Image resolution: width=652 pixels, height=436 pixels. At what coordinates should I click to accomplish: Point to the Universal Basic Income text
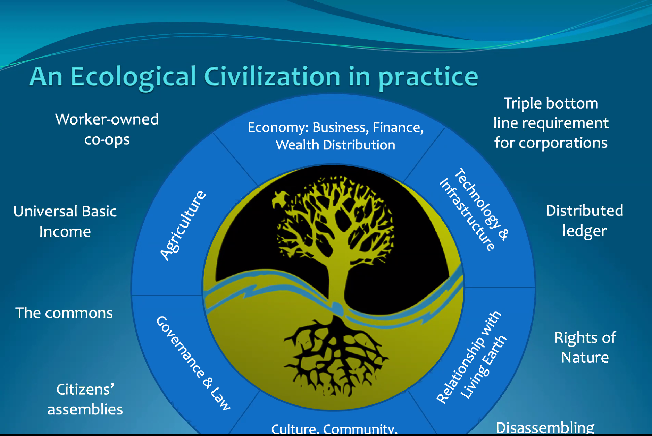click(65, 221)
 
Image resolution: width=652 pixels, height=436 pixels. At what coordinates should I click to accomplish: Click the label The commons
click(64, 313)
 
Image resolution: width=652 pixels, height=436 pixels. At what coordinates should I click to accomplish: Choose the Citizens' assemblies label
click(85, 399)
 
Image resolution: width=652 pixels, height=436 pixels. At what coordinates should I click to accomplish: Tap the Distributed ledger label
click(585, 221)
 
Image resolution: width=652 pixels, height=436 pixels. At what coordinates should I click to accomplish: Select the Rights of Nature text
click(585, 348)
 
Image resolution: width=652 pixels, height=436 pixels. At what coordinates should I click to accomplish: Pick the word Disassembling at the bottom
click(545, 428)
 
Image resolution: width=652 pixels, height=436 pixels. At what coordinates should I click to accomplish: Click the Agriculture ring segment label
click(183, 225)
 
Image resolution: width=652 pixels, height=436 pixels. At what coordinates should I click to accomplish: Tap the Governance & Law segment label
click(193, 363)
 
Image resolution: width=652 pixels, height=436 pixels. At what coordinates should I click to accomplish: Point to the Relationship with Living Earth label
click(471, 357)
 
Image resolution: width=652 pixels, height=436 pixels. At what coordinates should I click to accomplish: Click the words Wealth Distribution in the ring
click(335, 145)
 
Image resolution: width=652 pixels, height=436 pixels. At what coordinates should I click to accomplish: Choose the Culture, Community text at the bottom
click(334, 429)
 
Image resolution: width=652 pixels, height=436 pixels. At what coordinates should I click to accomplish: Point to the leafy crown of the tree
click(335, 219)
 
